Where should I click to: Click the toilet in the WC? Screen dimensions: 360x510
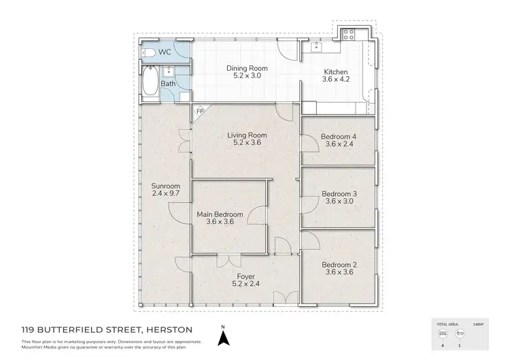[x=150, y=52]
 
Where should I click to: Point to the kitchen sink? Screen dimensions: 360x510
[x=317, y=48]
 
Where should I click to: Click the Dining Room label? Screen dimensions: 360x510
[x=247, y=69]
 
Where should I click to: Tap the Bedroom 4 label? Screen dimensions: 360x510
[x=338, y=136]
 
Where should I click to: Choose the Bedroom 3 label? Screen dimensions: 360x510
[x=338, y=193]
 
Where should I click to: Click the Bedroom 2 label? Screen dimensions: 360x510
[x=338, y=264]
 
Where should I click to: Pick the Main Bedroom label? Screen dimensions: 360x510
[x=220, y=214]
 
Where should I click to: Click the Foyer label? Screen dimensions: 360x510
[x=246, y=276]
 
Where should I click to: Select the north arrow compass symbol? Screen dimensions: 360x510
[x=222, y=335]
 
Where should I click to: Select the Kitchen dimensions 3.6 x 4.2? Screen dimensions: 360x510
[x=336, y=80]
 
